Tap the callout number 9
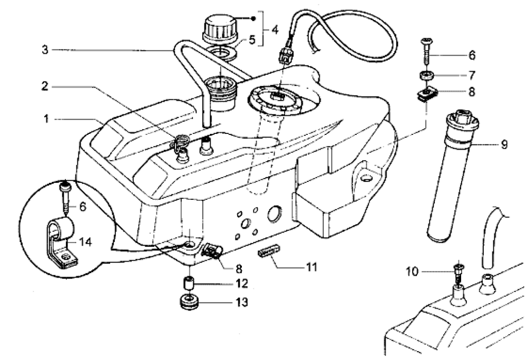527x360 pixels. [x=504, y=143]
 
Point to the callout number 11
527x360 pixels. [x=312, y=267]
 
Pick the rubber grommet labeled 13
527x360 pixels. [x=189, y=304]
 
